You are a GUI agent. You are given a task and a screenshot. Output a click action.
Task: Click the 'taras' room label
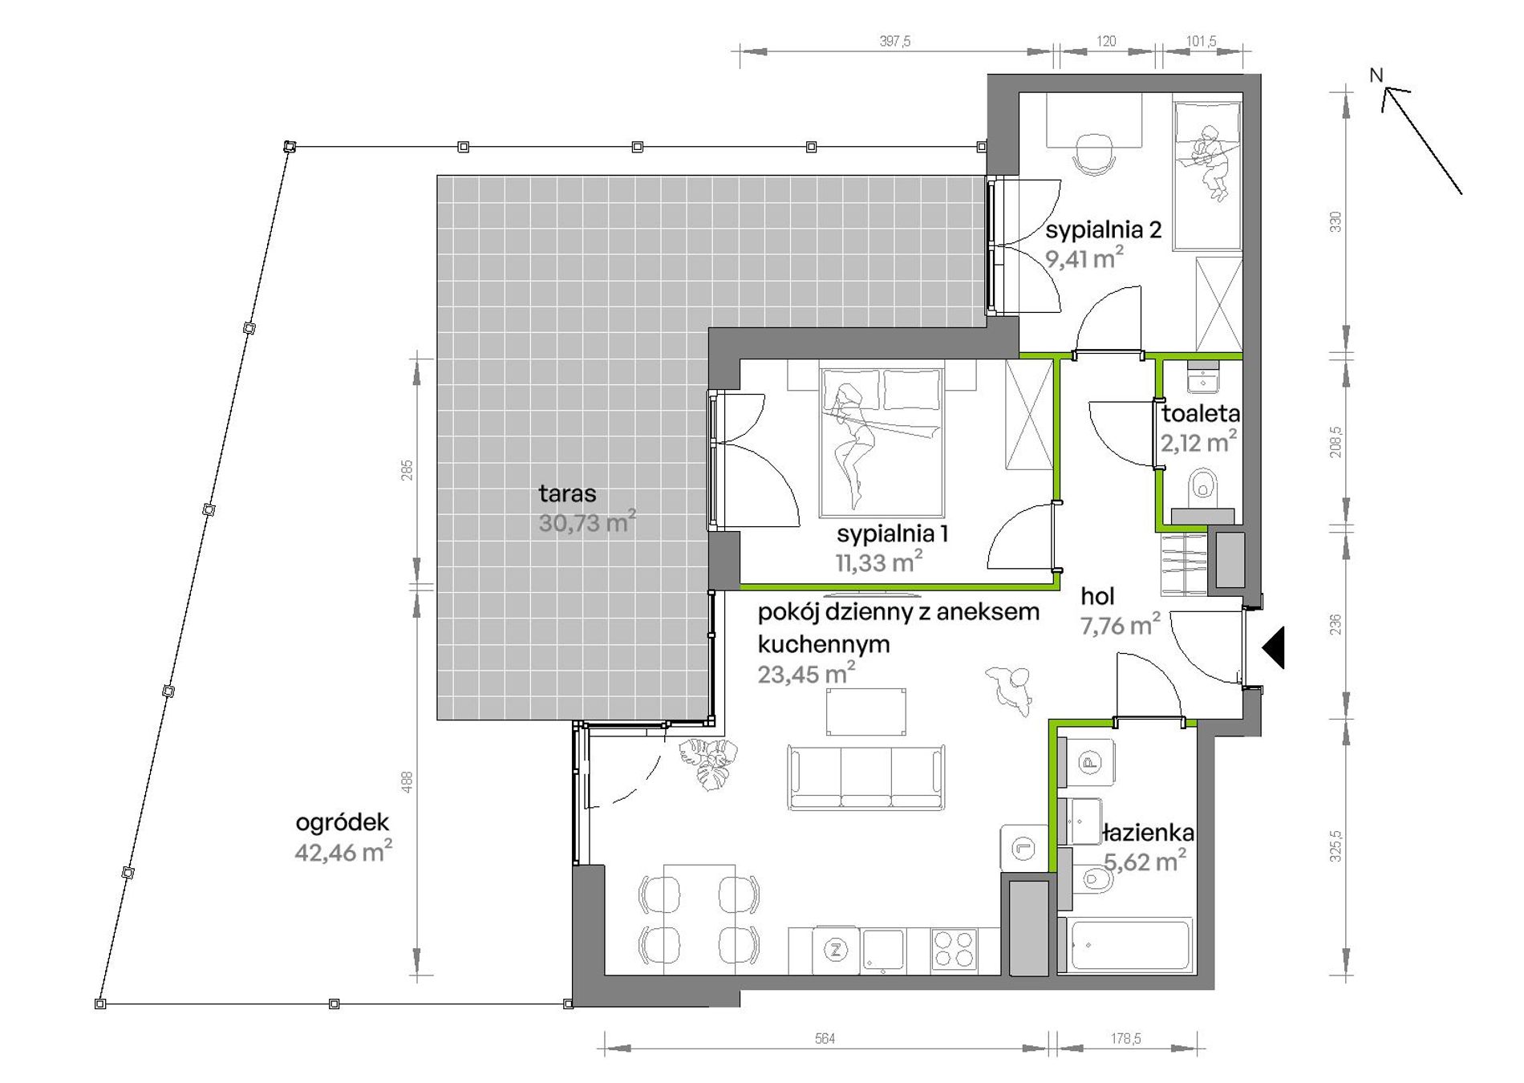tap(567, 493)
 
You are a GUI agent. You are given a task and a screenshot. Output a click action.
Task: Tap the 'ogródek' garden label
tap(342, 823)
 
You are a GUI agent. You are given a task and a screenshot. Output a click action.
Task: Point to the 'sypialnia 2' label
tap(1104, 231)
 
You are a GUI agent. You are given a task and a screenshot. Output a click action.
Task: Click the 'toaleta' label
tap(1201, 414)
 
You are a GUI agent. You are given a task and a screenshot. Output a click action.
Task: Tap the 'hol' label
tap(1097, 596)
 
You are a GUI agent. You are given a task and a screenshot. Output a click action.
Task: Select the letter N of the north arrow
tap(1376, 75)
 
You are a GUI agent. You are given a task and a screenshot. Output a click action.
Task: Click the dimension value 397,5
tap(895, 42)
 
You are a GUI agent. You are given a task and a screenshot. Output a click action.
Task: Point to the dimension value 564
tap(825, 1039)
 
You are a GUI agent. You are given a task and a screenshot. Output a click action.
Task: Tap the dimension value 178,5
tap(1126, 1039)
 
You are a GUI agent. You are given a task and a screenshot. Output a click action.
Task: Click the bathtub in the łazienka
tap(1126, 947)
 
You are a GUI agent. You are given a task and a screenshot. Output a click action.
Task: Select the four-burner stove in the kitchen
tap(955, 951)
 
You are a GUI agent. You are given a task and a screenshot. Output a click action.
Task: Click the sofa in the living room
tap(866, 777)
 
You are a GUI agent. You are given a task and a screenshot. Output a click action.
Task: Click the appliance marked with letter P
tap(1088, 762)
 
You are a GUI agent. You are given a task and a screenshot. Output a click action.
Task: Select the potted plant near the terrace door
tap(707, 763)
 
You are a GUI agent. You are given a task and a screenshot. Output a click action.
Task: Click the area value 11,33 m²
tap(879, 562)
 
